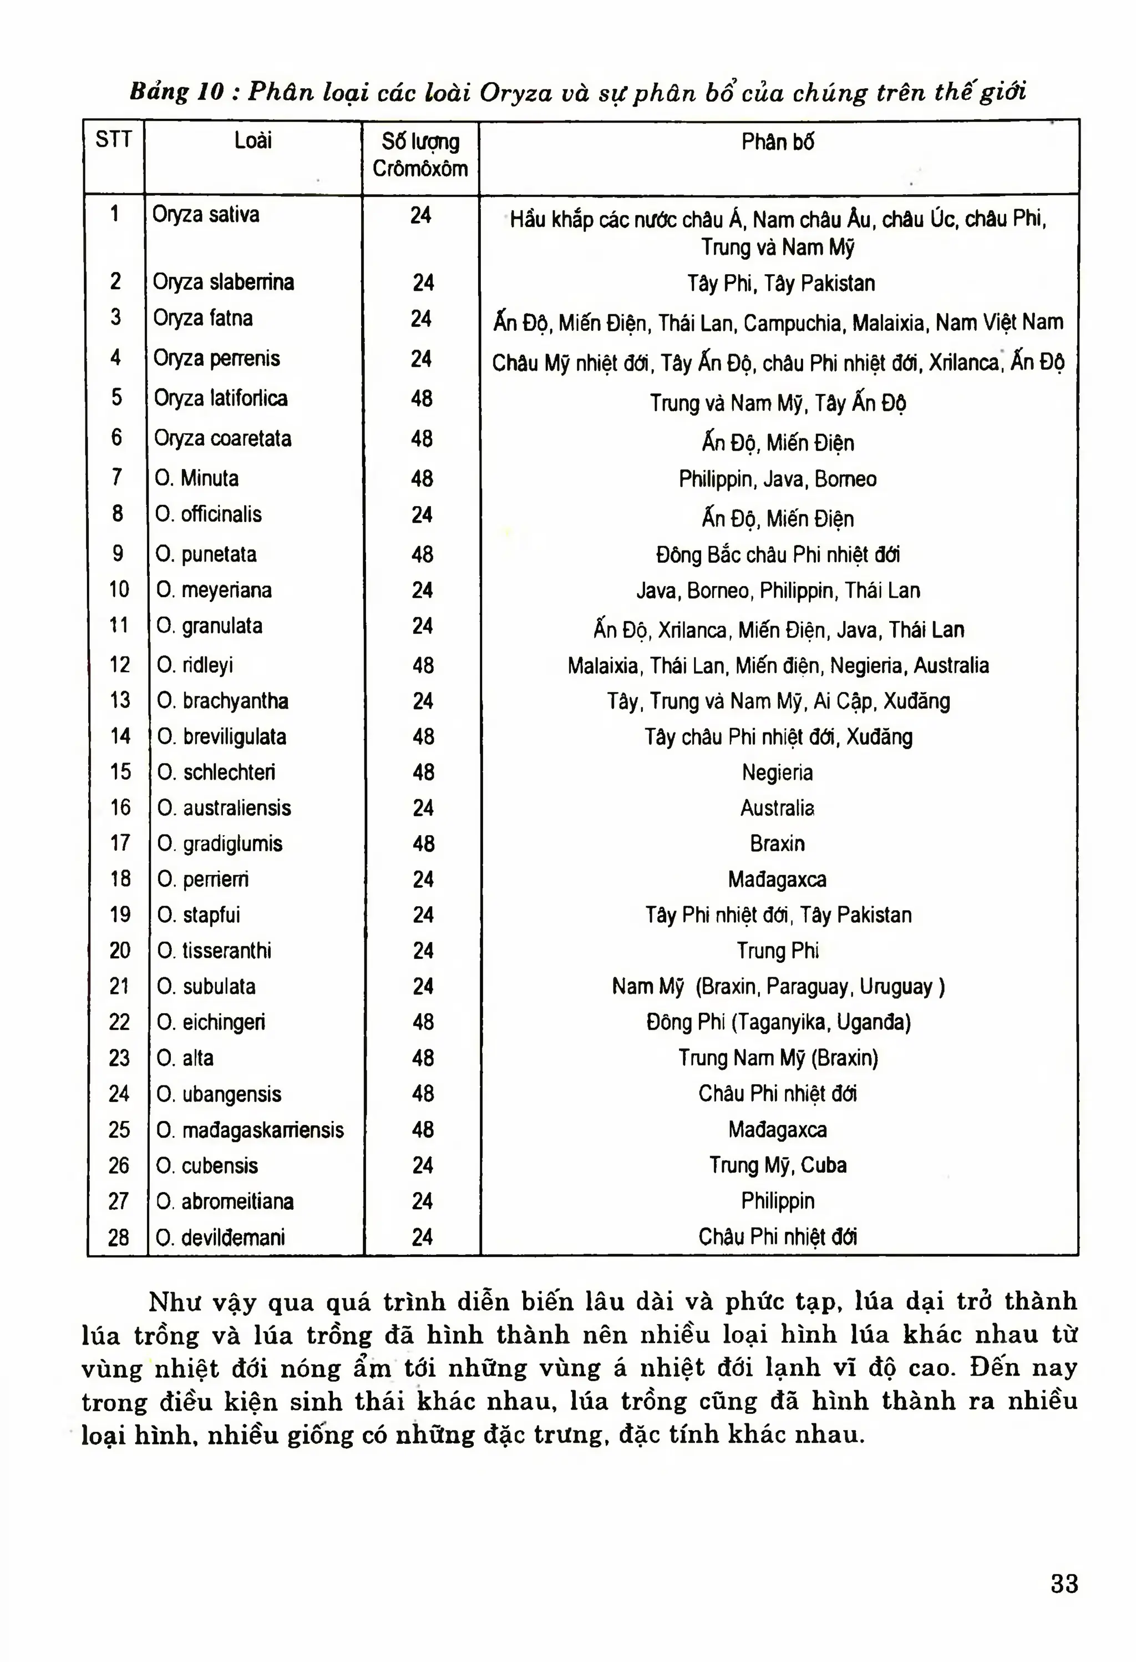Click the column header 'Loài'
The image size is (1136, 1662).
(x=253, y=141)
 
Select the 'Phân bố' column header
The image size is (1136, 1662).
(x=777, y=142)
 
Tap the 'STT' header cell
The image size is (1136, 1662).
(x=114, y=139)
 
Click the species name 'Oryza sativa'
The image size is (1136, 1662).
(x=206, y=215)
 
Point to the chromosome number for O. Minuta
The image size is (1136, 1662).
(x=422, y=478)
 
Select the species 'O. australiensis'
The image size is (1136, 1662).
(x=225, y=808)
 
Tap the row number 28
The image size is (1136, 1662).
(x=119, y=1237)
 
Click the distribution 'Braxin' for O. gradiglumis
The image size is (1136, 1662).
(x=777, y=844)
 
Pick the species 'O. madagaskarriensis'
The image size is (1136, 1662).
(x=250, y=1130)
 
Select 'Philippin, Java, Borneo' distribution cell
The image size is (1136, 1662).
(x=778, y=478)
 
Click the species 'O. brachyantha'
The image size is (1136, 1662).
(x=223, y=701)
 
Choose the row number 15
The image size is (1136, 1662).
(x=120, y=772)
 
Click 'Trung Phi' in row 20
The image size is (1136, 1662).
(x=778, y=951)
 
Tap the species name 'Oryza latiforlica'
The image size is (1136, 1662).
(x=221, y=398)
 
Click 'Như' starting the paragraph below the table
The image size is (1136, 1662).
(x=173, y=1301)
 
